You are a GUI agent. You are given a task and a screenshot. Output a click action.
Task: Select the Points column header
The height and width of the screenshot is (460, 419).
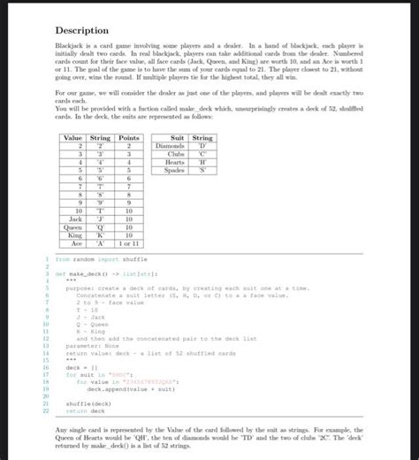click(129, 138)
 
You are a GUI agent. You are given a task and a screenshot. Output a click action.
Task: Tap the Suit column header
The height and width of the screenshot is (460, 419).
click(176, 138)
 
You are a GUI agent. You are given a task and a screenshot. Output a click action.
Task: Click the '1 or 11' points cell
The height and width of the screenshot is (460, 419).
click(129, 244)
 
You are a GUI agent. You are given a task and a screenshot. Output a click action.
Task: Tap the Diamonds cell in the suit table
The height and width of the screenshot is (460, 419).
click(172, 146)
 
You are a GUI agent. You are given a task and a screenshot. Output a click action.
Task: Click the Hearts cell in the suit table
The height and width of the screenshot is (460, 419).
click(175, 162)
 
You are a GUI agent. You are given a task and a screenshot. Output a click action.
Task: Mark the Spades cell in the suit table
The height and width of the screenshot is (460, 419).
click(175, 170)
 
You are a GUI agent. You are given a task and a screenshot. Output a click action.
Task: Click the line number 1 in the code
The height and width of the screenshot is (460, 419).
click(46, 259)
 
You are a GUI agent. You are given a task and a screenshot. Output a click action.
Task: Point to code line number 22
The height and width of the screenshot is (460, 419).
click(44, 411)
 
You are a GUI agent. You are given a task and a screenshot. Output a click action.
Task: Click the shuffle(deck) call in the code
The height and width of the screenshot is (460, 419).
click(85, 403)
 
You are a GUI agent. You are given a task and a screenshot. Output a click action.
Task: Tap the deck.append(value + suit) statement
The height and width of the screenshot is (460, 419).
click(121, 389)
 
